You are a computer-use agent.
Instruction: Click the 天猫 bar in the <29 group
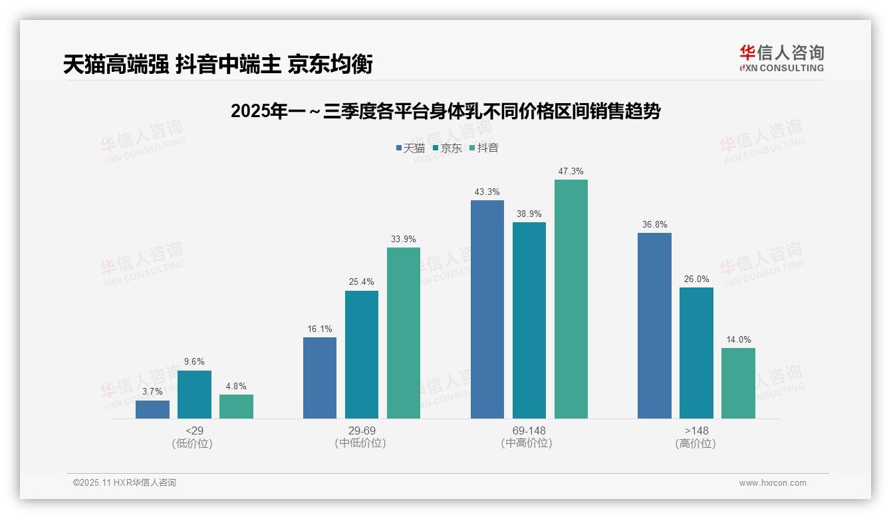tap(152, 409)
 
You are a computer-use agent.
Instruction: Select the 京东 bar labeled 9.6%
tap(194, 395)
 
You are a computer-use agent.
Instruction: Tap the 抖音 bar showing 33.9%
tap(404, 333)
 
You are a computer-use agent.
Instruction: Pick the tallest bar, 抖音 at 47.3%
tap(571, 299)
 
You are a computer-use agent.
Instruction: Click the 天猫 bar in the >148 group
tap(654, 325)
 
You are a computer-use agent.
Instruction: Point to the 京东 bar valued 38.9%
tap(529, 320)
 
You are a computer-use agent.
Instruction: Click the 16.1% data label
tap(320, 329)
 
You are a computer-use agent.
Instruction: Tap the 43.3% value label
tap(487, 192)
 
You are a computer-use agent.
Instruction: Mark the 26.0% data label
tap(696, 279)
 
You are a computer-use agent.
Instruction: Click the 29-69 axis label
tap(362, 431)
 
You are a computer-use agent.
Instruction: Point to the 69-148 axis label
tap(529, 431)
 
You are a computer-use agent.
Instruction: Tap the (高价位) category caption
tap(696, 443)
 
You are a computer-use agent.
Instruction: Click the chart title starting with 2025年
tap(445, 111)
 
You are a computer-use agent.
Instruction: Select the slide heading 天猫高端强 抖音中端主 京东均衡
tap(218, 64)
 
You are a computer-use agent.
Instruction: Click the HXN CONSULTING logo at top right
tap(781, 58)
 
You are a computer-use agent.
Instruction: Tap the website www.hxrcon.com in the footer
tap(773, 483)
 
